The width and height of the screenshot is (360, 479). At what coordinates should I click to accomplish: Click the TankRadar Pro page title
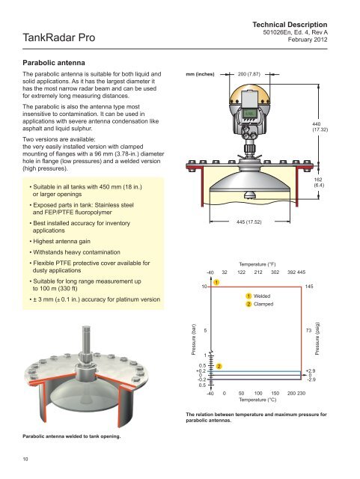point(58,37)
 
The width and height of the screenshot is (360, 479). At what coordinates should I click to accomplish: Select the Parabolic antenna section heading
point(54,63)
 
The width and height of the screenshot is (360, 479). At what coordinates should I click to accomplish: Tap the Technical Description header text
point(290,25)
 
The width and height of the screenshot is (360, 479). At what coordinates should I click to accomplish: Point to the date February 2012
point(308,40)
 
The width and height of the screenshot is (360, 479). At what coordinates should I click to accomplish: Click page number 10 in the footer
point(25,459)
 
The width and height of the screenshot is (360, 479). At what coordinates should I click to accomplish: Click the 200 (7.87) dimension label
point(248,74)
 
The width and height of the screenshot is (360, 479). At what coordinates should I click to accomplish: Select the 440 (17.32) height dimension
point(320,126)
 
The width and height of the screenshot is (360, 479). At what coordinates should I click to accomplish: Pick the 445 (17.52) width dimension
point(248,222)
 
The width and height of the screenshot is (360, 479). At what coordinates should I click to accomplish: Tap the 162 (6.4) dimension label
point(319,183)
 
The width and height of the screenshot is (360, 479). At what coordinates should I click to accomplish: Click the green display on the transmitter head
point(250,114)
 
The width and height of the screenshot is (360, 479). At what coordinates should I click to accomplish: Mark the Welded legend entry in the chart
point(258,296)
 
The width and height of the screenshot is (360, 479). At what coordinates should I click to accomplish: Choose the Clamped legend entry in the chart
point(260,304)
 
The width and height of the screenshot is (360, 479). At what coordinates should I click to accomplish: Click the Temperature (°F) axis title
point(257,264)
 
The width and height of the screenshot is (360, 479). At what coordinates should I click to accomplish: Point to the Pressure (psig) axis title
point(317,338)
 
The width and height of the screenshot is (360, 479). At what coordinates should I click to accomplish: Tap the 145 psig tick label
point(309,287)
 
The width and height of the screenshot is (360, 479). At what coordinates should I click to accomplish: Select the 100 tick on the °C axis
point(258,393)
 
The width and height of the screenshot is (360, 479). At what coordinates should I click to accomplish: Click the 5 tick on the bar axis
point(205,330)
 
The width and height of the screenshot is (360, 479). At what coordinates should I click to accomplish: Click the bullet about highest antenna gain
point(60,241)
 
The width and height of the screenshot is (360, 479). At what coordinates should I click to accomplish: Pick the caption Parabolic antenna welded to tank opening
point(72,436)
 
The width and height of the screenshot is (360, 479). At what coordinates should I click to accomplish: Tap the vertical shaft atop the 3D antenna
point(86,339)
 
